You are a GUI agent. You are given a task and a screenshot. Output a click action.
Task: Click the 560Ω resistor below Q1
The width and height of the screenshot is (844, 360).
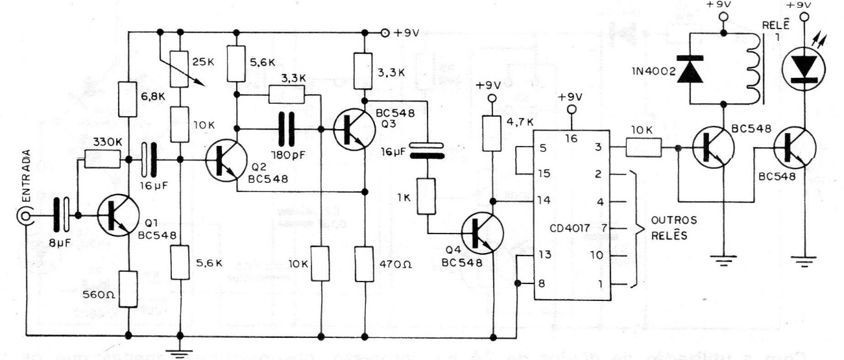point(129,289)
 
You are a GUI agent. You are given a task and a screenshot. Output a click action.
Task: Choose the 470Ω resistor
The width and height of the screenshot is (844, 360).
point(365,263)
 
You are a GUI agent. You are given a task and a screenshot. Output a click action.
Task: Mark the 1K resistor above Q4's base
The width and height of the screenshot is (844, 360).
point(429,197)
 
